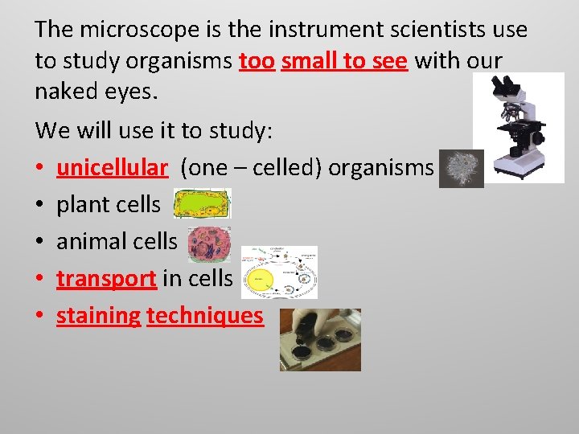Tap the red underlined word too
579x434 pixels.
(x=257, y=60)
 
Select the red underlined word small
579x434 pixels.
(x=310, y=60)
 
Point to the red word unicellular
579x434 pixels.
(x=112, y=167)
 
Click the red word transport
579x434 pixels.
(x=106, y=278)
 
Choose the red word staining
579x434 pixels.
(x=98, y=316)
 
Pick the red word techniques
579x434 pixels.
(x=204, y=316)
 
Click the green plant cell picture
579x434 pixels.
(x=202, y=204)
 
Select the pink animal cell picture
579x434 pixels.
(x=209, y=244)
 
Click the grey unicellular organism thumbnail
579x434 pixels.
(x=462, y=169)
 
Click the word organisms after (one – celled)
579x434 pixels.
(x=380, y=167)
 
